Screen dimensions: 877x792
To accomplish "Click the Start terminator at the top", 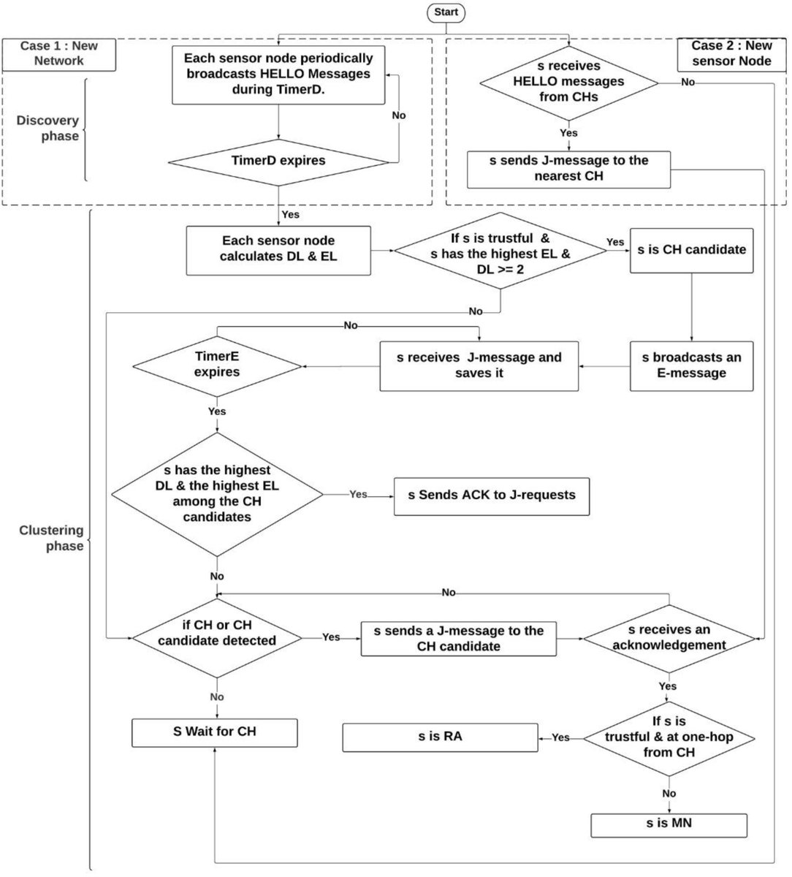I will click(446, 12).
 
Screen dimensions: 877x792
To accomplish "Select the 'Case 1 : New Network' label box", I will click(58, 54).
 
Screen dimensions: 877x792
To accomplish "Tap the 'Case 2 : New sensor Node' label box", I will click(731, 54).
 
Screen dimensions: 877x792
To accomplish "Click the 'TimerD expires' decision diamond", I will click(278, 161).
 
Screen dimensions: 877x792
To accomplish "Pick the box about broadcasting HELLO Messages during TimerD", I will click(278, 75).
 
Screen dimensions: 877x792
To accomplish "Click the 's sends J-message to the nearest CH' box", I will click(568, 169).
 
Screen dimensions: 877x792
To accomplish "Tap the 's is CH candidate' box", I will click(691, 250).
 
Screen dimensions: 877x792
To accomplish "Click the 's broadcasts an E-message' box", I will click(691, 365).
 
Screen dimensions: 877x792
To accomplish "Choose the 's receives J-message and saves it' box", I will click(479, 365).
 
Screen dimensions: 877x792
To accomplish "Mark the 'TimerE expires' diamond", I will click(217, 364).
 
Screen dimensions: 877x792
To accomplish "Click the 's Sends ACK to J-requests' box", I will click(492, 496).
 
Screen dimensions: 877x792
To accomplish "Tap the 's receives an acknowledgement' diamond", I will click(669, 637).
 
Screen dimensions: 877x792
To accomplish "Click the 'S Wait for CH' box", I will click(215, 732).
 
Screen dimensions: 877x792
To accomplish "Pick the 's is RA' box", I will click(440, 737).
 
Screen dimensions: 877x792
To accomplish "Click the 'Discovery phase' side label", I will click(47, 129).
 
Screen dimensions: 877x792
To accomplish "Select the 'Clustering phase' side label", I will click(51, 538).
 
